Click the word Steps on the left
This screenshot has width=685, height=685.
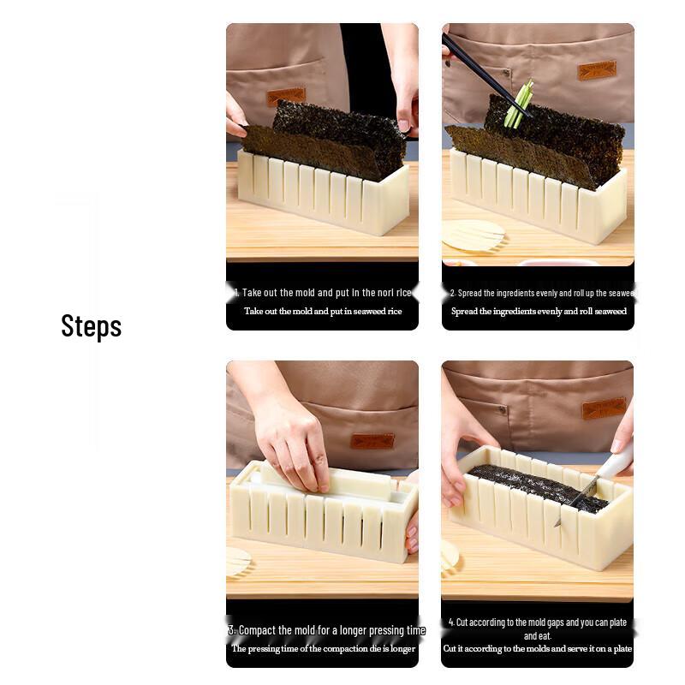(91, 326)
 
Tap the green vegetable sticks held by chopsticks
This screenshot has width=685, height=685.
(518, 105)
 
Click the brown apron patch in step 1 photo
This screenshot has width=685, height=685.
(285, 96)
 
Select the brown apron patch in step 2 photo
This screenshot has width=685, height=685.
(596, 70)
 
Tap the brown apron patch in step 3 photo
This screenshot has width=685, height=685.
(372, 441)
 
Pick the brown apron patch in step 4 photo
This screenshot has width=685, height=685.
(604, 408)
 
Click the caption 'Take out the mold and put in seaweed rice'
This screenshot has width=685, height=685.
(323, 312)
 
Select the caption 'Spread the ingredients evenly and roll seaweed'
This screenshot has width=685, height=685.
(539, 312)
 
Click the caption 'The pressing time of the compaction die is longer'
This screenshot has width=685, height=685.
(323, 649)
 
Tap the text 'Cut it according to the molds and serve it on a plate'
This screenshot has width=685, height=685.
(538, 649)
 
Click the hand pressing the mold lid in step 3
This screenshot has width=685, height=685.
(291, 437)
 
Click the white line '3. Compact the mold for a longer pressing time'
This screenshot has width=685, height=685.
(326, 630)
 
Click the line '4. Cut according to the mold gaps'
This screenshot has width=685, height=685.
(538, 622)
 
